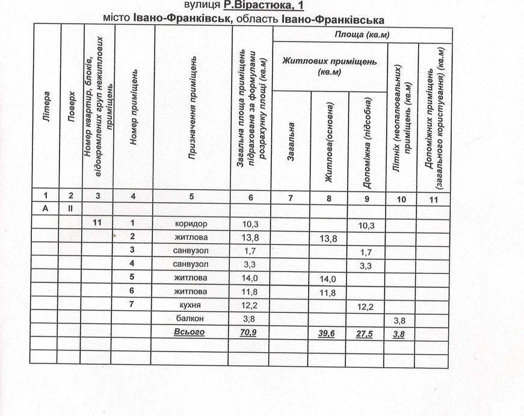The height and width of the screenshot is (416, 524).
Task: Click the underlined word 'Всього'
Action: click(190, 332)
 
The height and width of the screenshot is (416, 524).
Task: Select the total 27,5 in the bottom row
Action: click(366, 334)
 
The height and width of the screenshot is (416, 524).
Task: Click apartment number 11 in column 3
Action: click(99, 224)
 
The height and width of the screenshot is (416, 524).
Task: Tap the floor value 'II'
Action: click(70, 208)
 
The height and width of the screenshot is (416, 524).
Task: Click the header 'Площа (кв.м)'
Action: click(362, 34)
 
